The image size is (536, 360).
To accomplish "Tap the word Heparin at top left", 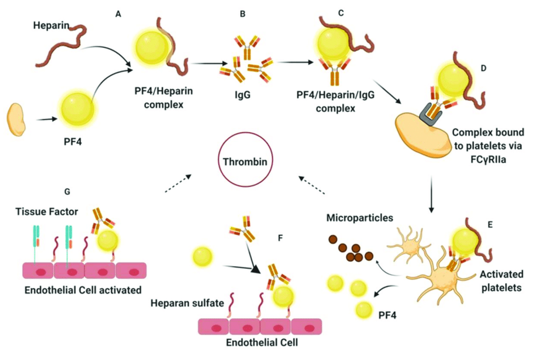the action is [51, 25].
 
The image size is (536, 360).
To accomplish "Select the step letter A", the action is [119, 14].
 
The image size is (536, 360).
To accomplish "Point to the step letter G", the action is [67, 192].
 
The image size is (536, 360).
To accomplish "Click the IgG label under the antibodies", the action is [242, 94].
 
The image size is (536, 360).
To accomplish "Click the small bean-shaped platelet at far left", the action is [16, 120].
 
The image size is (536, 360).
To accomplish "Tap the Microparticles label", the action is [359, 218].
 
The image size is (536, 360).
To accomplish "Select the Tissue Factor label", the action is [47, 212].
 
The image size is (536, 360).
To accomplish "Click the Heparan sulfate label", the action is [187, 303].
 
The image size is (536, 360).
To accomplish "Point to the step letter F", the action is [280, 238].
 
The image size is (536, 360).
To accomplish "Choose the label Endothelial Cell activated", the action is [83, 290].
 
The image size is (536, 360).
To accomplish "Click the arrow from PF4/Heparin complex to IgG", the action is [209, 63].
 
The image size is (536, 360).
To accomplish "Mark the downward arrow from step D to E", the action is [431, 194].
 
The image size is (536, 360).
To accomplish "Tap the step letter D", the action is [483, 69].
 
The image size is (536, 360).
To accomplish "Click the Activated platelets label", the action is [501, 280].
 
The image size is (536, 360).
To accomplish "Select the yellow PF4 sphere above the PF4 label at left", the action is [77, 108].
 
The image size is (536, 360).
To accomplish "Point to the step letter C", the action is [341, 13].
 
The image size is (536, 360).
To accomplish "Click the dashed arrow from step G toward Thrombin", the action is [178, 183].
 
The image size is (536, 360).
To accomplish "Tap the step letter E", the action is [490, 225].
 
